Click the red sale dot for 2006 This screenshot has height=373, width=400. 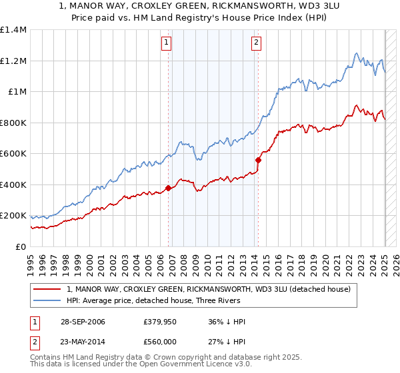click(x=168, y=188)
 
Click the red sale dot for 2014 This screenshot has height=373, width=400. click(x=258, y=160)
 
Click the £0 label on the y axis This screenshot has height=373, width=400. click(x=20, y=246)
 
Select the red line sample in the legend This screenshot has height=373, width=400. click(x=47, y=289)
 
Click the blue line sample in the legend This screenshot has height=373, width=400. click(x=47, y=301)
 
